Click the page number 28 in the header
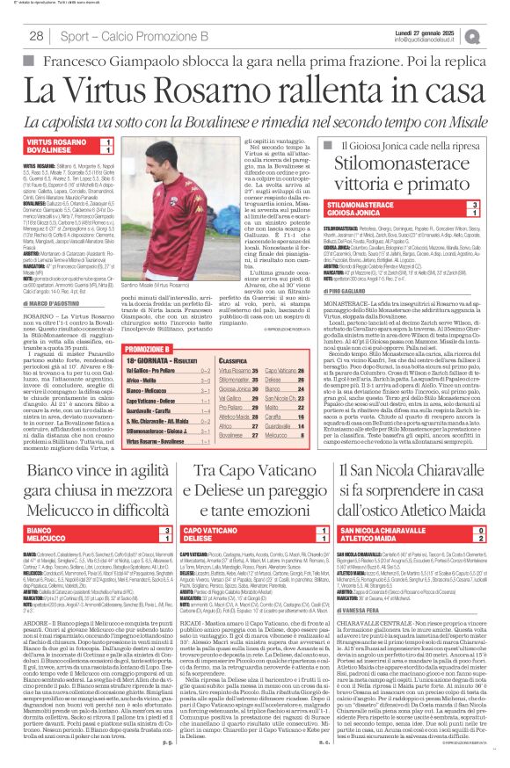tap(36, 35)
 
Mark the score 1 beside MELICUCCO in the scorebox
tap(155, 538)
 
